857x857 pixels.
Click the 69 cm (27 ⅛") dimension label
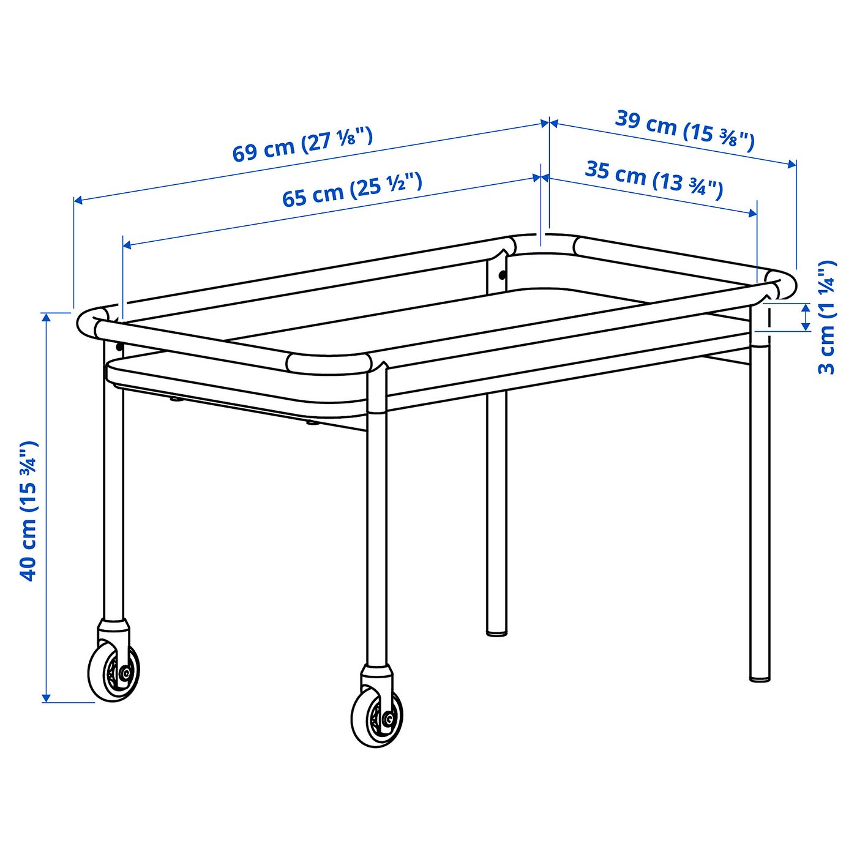click(302, 145)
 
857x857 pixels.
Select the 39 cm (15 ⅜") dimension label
click(684, 130)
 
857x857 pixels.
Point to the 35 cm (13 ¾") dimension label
click(654, 179)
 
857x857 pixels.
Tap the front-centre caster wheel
click(377, 716)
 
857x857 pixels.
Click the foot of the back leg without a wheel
click(496, 630)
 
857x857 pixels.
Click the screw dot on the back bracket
click(503, 275)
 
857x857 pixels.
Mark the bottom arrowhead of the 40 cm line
click(46, 698)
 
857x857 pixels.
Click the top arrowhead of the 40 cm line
click(46, 316)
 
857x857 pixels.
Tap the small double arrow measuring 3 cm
click(806, 316)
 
